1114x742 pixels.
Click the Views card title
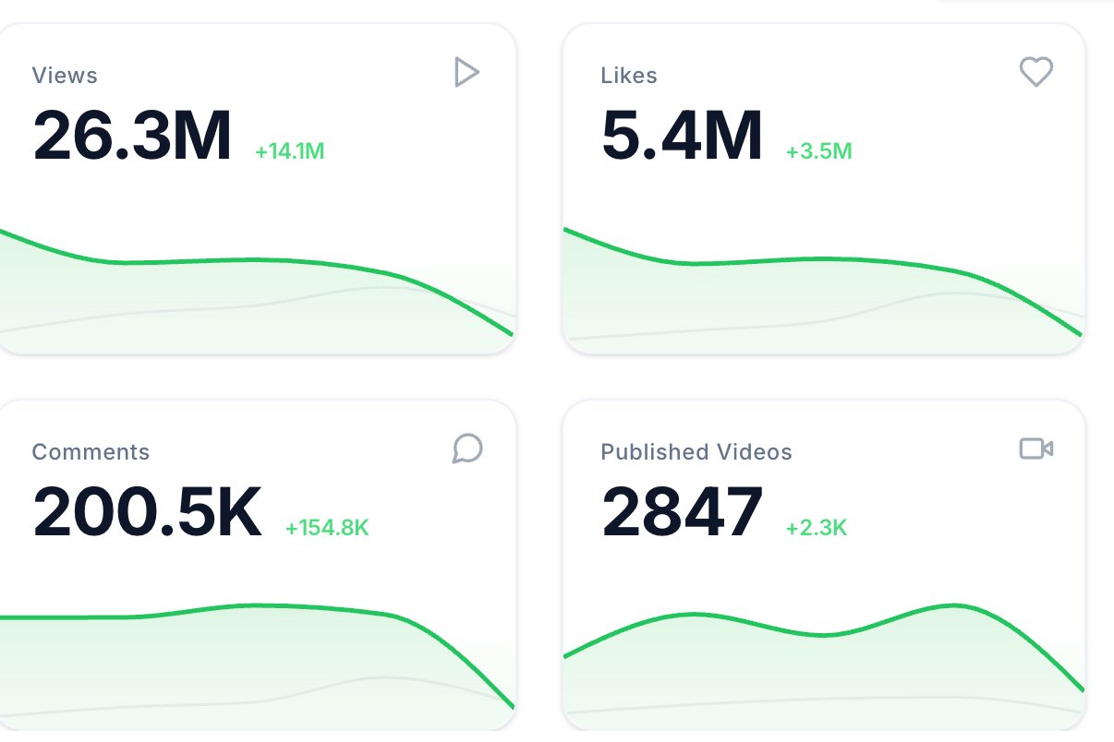[x=65, y=76]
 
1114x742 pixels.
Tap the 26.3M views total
[x=132, y=135]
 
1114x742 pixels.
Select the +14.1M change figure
[x=289, y=151]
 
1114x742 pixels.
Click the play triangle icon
[x=466, y=72]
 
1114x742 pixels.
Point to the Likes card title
[x=629, y=76]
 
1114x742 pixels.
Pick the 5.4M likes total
[x=682, y=135]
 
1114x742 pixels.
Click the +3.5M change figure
[x=819, y=151]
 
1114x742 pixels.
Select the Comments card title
[x=91, y=452]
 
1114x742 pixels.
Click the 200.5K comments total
[x=147, y=511]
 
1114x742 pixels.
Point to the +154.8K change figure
[x=327, y=528]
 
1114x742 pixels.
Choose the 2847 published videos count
[x=682, y=511]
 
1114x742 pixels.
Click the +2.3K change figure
[x=817, y=528]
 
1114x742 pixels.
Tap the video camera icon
[x=1036, y=449]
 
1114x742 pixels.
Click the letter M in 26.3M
[x=202, y=135]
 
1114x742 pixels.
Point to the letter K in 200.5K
[x=238, y=511]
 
